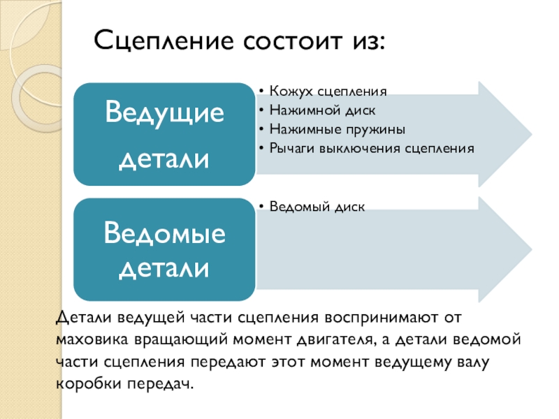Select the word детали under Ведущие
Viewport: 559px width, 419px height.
165,159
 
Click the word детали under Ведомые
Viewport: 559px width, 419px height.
165,267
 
